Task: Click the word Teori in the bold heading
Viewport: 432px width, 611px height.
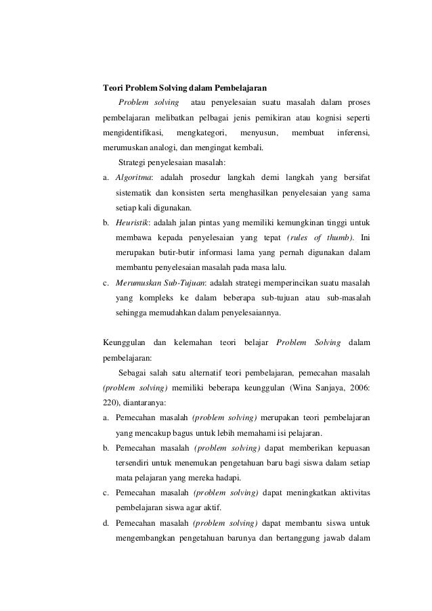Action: (112, 87)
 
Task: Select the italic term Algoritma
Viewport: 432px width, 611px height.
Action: (133, 177)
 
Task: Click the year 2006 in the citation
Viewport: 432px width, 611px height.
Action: (358, 388)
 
